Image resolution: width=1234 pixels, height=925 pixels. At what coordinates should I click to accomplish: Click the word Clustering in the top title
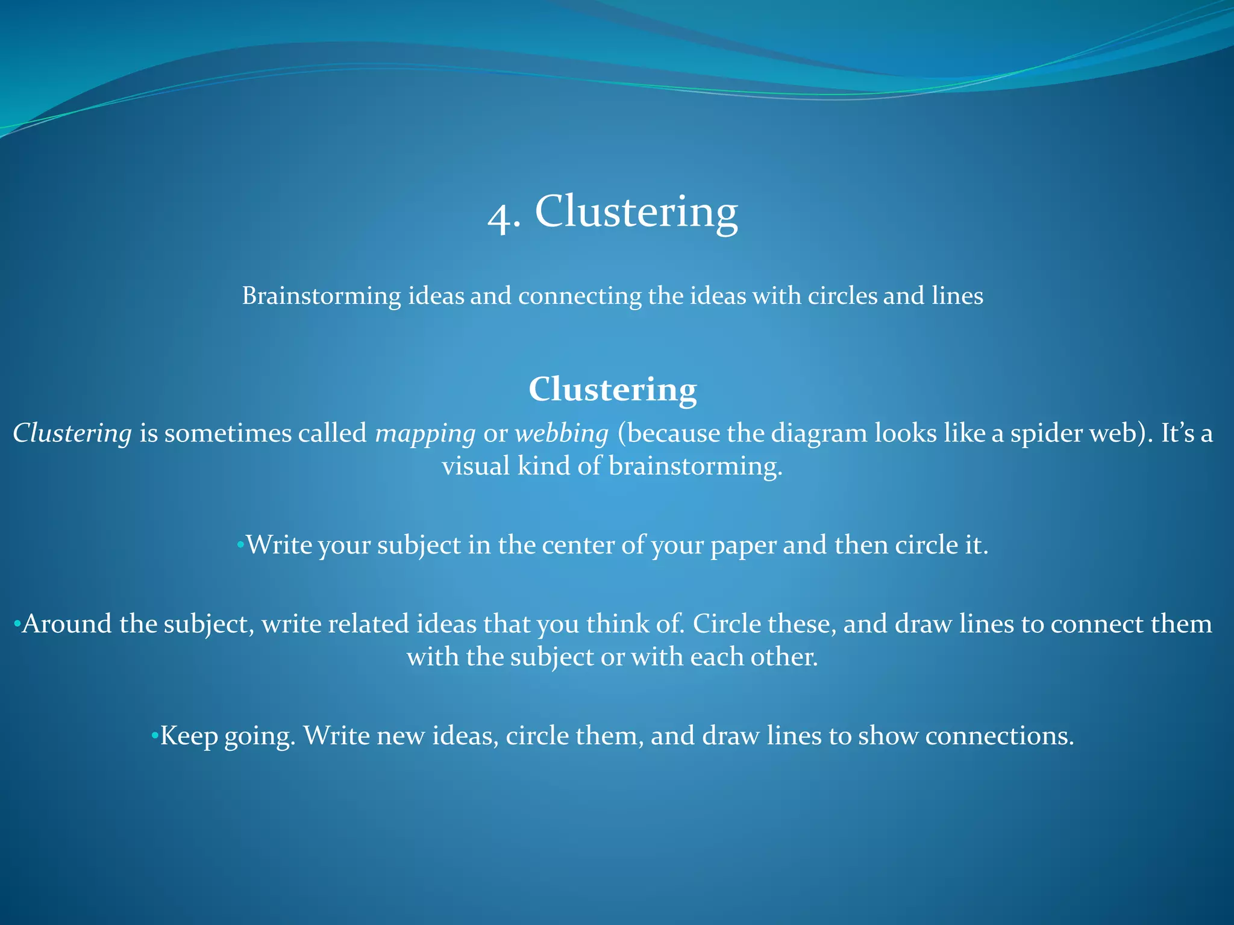pos(636,212)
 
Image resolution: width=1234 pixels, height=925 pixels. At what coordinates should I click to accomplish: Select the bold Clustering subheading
pos(613,390)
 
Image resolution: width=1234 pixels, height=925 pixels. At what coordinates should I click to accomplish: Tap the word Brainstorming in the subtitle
pos(321,296)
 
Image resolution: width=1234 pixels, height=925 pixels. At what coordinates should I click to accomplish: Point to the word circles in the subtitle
pos(842,296)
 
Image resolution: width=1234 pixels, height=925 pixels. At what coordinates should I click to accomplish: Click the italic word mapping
pos(425,434)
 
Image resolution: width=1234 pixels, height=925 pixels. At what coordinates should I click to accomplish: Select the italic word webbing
pos(562,434)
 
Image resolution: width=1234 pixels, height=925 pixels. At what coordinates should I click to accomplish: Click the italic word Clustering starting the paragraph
pos(72,434)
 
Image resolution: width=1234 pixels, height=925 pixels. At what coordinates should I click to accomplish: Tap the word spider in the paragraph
pos(1039,434)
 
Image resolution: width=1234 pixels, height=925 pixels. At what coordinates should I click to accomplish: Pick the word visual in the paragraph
pos(476,466)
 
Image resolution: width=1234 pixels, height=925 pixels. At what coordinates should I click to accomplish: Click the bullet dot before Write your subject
pos(240,546)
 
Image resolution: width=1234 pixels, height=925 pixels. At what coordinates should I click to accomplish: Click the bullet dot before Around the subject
pos(17,623)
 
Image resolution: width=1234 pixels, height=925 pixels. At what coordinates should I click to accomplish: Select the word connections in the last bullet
pos(999,736)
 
